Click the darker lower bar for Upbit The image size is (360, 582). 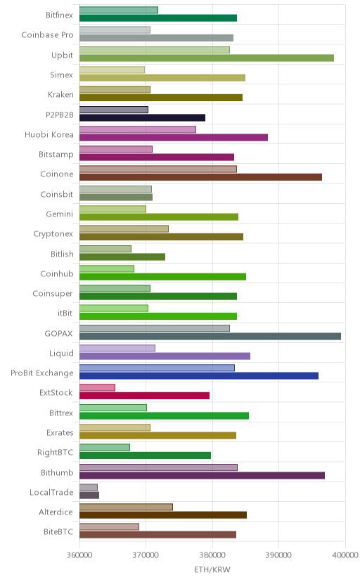click(207, 58)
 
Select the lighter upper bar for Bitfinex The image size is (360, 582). click(119, 10)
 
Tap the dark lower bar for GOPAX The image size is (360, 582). click(210, 336)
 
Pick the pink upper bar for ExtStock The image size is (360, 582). click(97, 388)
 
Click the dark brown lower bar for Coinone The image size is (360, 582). click(201, 177)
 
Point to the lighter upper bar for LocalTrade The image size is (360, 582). click(89, 487)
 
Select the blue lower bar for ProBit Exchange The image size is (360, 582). click(199, 376)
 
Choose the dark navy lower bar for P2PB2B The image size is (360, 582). click(142, 117)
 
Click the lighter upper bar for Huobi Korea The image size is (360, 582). click(138, 129)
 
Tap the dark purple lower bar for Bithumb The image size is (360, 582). click(202, 475)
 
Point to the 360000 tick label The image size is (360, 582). click(79, 555)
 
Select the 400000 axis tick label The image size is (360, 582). click(345, 555)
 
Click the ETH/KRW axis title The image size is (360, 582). click(212, 570)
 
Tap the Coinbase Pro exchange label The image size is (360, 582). click(48, 35)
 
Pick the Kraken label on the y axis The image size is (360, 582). click(60, 95)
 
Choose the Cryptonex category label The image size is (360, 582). click(53, 234)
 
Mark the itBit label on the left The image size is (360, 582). click(65, 313)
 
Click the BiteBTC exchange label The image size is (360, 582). click(58, 532)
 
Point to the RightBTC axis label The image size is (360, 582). click(56, 453)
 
